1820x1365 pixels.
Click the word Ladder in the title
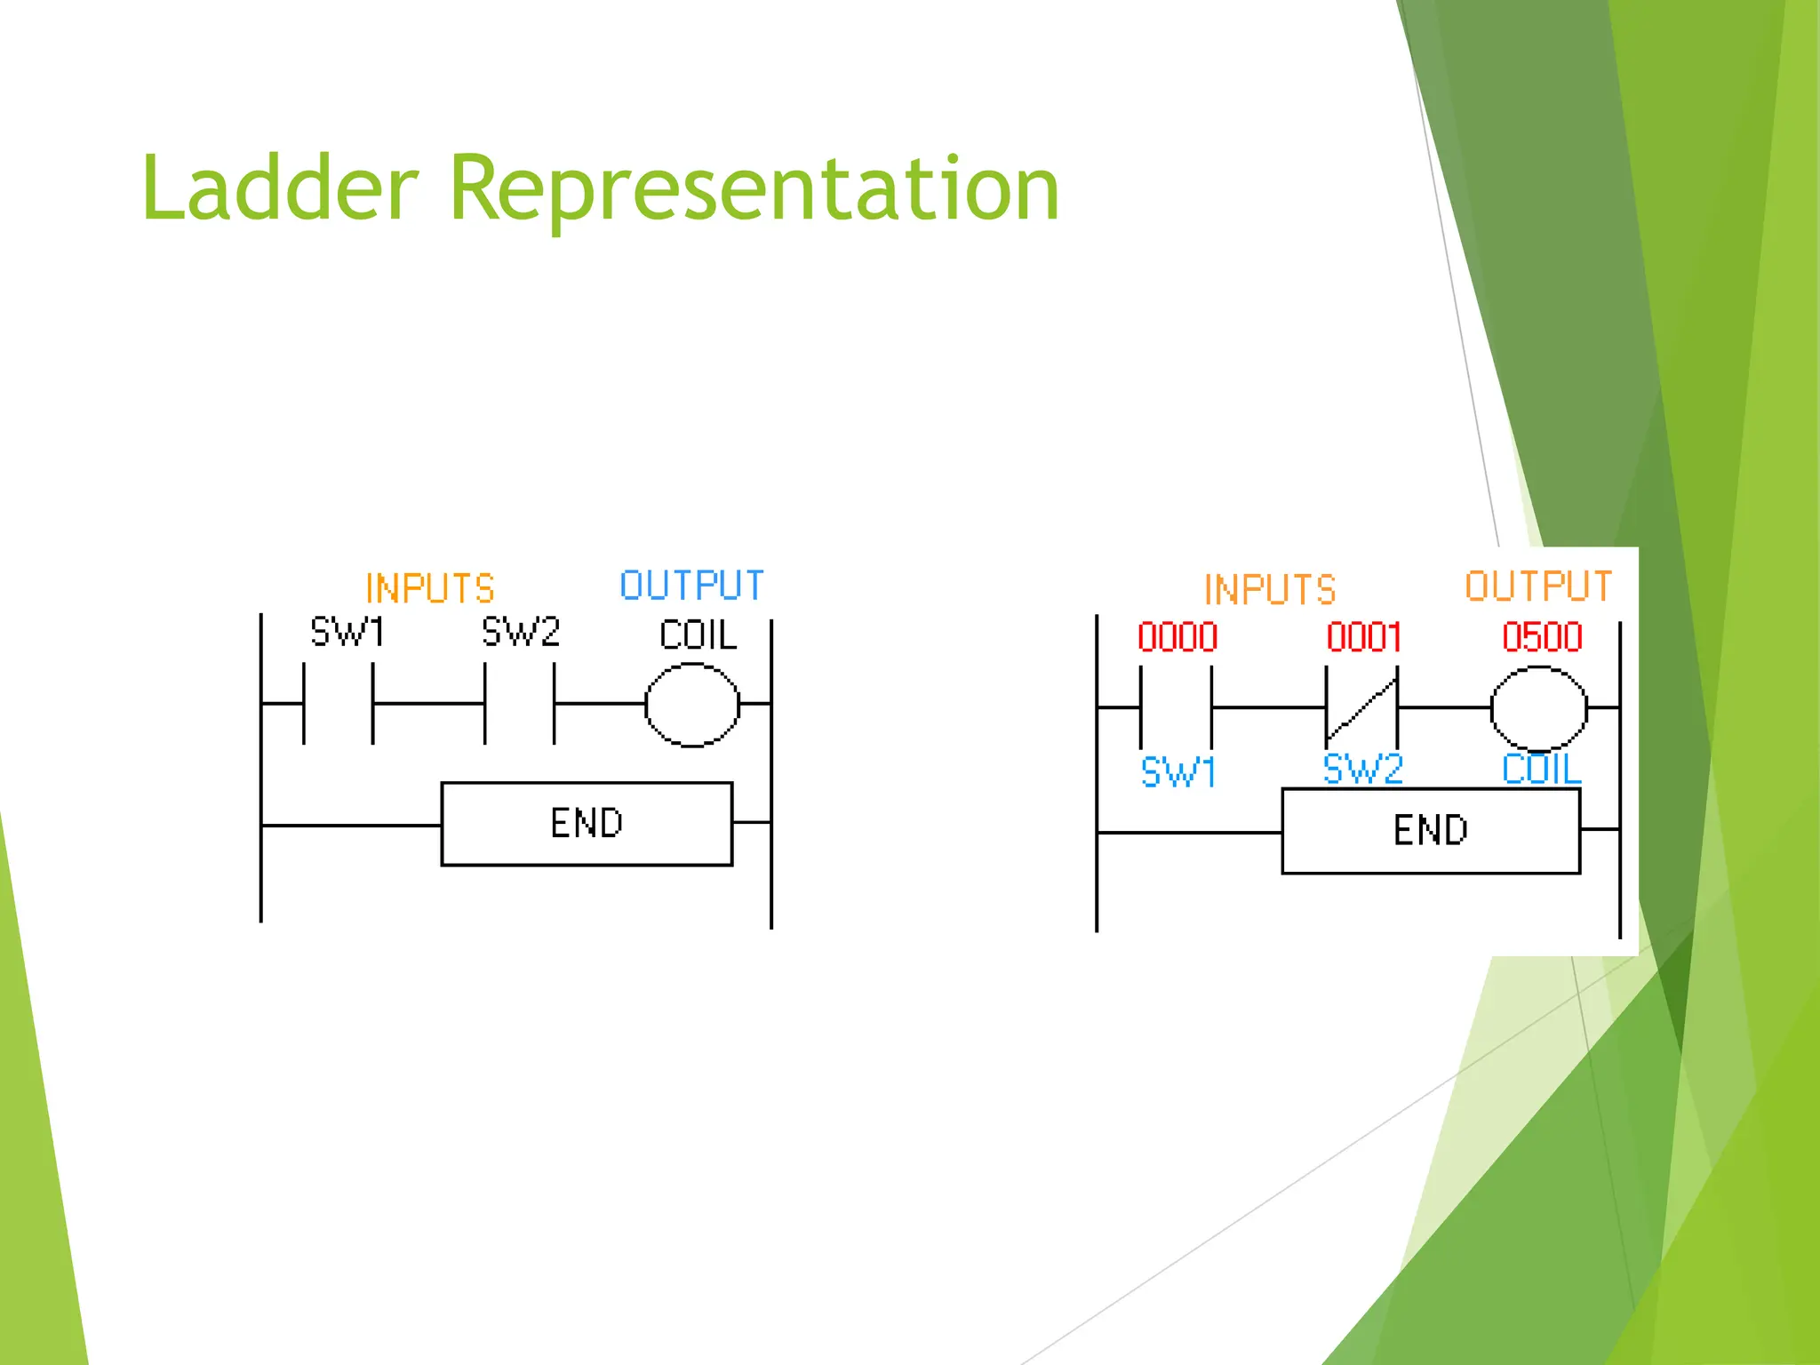pyautogui.click(x=279, y=188)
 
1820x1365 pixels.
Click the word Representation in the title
pyautogui.click(x=754, y=188)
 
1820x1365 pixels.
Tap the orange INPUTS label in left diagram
pyautogui.click(x=430, y=588)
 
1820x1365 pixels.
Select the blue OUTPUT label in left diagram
pyautogui.click(x=691, y=586)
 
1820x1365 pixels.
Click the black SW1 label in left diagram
pyautogui.click(x=347, y=633)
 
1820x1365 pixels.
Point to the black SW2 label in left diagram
pyautogui.click(x=521, y=633)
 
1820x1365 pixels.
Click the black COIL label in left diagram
pyautogui.click(x=698, y=635)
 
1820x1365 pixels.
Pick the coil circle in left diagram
pyautogui.click(x=692, y=705)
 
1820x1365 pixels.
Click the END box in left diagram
pyautogui.click(x=587, y=824)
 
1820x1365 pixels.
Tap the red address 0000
pyautogui.click(x=1177, y=637)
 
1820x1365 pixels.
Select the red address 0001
pyautogui.click(x=1364, y=637)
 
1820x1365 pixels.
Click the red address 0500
pyautogui.click(x=1542, y=637)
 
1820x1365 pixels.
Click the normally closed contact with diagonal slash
pyautogui.click(x=1361, y=708)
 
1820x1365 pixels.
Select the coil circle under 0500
pyautogui.click(x=1538, y=708)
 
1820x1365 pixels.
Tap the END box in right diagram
pyautogui.click(x=1431, y=831)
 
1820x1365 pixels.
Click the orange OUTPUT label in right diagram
pyautogui.click(x=1538, y=587)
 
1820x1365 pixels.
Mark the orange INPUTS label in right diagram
pyautogui.click(x=1270, y=590)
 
